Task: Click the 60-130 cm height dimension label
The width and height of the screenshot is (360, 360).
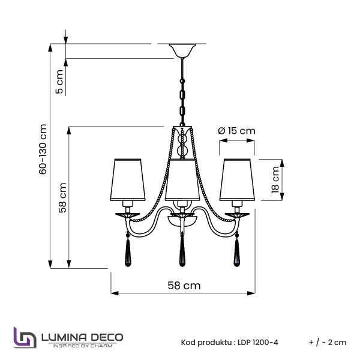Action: coord(43,150)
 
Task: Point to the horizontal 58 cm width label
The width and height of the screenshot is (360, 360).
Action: coord(184,286)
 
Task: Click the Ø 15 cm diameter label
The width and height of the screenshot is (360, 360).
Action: coord(237,131)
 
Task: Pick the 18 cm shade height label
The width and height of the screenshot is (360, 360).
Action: coord(275,179)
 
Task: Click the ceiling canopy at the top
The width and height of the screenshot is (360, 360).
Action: coord(182,50)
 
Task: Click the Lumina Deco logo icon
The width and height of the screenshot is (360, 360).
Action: coord(24,338)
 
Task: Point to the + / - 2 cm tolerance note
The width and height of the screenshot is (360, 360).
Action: coord(328,343)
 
